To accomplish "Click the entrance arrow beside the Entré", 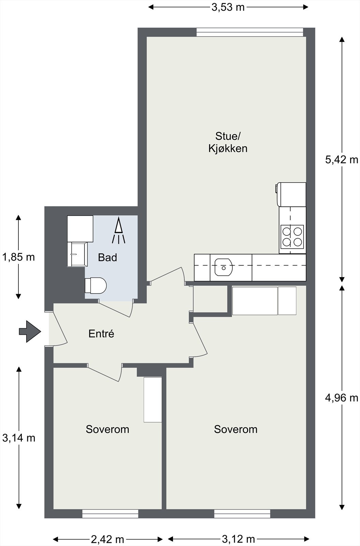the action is click(x=30, y=331).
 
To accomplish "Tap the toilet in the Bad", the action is click(x=96, y=285).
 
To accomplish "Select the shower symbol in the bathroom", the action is click(x=118, y=230).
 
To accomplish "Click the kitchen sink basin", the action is click(x=224, y=267).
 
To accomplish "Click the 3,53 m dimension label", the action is click(x=228, y=7).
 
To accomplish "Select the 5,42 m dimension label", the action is click(x=342, y=160).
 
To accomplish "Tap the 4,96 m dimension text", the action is click(x=342, y=398).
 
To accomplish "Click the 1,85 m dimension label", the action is click(x=18, y=257).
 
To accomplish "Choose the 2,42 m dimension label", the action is click(x=107, y=539).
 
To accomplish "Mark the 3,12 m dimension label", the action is click(x=239, y=539).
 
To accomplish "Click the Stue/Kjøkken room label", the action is click(x=228, y=142).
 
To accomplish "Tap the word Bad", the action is click(x=107, y=257).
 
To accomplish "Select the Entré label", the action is click(x=101, y=334).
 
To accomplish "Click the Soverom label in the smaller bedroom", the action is click(x=107, y=429).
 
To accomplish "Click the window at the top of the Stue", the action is click(x=250, y=32).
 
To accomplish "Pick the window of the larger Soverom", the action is click(x=242, y=514).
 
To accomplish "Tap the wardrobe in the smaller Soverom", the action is click(x=153, y=400).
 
